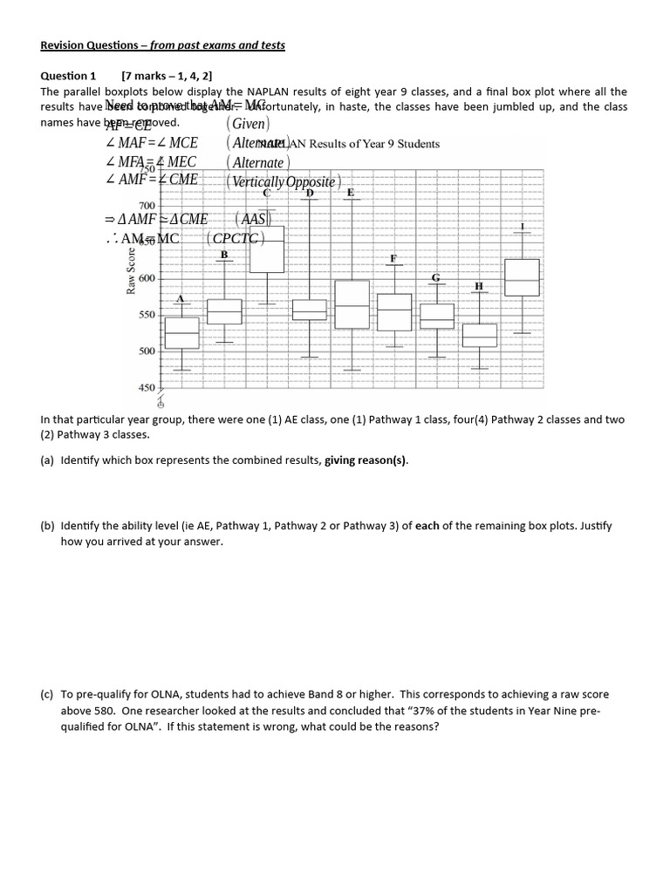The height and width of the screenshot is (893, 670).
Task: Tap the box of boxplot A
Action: pos(181,333)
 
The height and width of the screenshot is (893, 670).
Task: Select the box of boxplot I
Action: pos(522,277)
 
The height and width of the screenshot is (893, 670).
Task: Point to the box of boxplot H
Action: pos(479,336)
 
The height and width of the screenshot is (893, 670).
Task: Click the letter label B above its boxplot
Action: pos(224,255)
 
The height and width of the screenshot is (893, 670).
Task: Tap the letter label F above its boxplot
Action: pos(393,259)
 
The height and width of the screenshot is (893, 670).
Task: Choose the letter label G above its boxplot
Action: pos(436,277)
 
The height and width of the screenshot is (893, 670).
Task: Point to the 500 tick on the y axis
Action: pos(146,351)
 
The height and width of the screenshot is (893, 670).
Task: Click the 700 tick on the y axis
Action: pos(146,205)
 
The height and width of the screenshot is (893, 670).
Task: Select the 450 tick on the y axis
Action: pos(146,387)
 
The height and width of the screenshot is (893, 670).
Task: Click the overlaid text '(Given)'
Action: pos(248,124)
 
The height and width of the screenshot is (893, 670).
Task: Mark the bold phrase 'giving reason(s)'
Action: pos(366,461)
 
